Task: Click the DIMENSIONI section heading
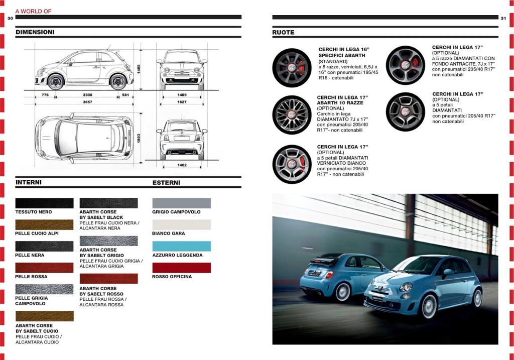[35, 32]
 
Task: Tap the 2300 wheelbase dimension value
[87, 95]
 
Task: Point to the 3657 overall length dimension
[87, 102]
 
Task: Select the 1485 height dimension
[139, 69]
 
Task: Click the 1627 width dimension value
[182, 102]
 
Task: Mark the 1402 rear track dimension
[182, 165]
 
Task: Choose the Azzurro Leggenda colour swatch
[182, 246]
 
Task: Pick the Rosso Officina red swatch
[182, 268]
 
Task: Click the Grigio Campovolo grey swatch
[182, 203]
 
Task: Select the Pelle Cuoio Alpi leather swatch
[44, 224]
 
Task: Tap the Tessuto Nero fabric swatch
[44, 203]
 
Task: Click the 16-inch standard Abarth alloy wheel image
[292, 68]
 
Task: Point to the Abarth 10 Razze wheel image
[292, 115]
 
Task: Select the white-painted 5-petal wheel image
[292, 164]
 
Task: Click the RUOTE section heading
[283, 33]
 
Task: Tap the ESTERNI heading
[166, 183]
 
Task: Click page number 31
[503, 18]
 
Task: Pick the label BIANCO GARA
[169, 233]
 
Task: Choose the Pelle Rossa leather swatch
[44, 268]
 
